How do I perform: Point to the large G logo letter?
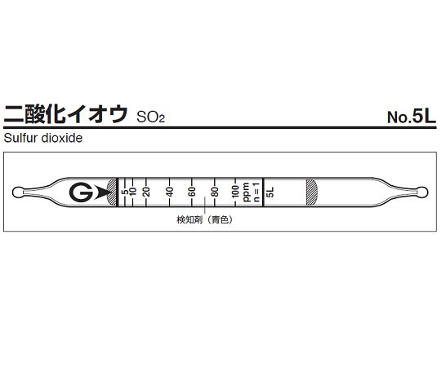click(x=80, y=192)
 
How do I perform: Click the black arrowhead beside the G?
click(x=104, y=192)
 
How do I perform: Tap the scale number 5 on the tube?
click(x=123, y=192)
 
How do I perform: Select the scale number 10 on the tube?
click(x=133, y=192)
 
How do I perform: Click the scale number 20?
click(x=146, y=192)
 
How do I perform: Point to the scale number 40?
click(x=170, y=192)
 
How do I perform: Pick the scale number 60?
click(x=193, y=192)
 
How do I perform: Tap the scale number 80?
click(x=215, y=192)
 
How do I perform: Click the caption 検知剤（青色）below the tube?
click(x=203, y=220)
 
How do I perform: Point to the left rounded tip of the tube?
click(x=20, y=192)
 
